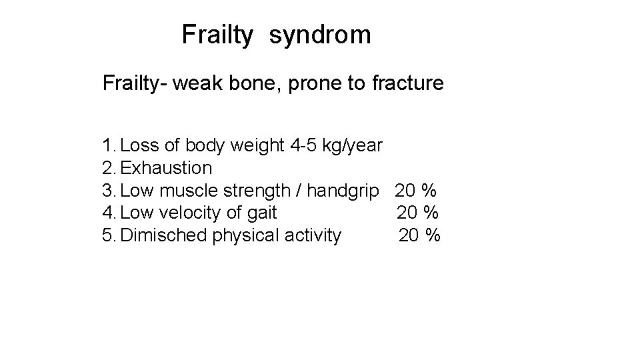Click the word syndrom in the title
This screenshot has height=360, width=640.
(x=320, y=35)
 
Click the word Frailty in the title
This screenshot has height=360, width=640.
(x=217, y=35)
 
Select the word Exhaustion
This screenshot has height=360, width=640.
(x=167, y=168)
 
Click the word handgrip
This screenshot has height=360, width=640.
(x=347, y=191)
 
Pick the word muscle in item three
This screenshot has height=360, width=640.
(x=190, y=191)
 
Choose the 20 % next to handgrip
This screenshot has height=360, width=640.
(x=415, y=191)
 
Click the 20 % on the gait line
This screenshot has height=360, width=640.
(x=417, y=213)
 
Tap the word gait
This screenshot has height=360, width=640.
(x=262, y=213)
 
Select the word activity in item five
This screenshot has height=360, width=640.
(x=313, y=235)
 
